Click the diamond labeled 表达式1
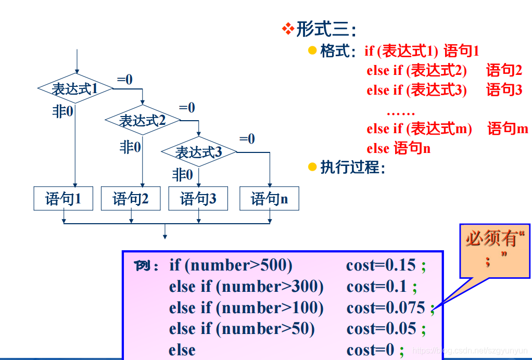click(75, 88)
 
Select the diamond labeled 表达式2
click(142, 120)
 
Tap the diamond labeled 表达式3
click(198, 152)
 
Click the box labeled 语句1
click(63, 198)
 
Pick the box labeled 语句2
click(131, 198)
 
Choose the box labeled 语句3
click(198, 198)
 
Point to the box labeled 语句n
click(269, 198)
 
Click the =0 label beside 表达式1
click(124, 79)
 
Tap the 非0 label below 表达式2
click(130, 147)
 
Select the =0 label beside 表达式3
click(247, 139)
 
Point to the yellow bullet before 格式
click(312, 50)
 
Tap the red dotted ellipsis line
click(400, 112)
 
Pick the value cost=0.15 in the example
click(381, 266)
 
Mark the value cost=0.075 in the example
click(386, 308)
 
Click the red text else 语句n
click(398, 148)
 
